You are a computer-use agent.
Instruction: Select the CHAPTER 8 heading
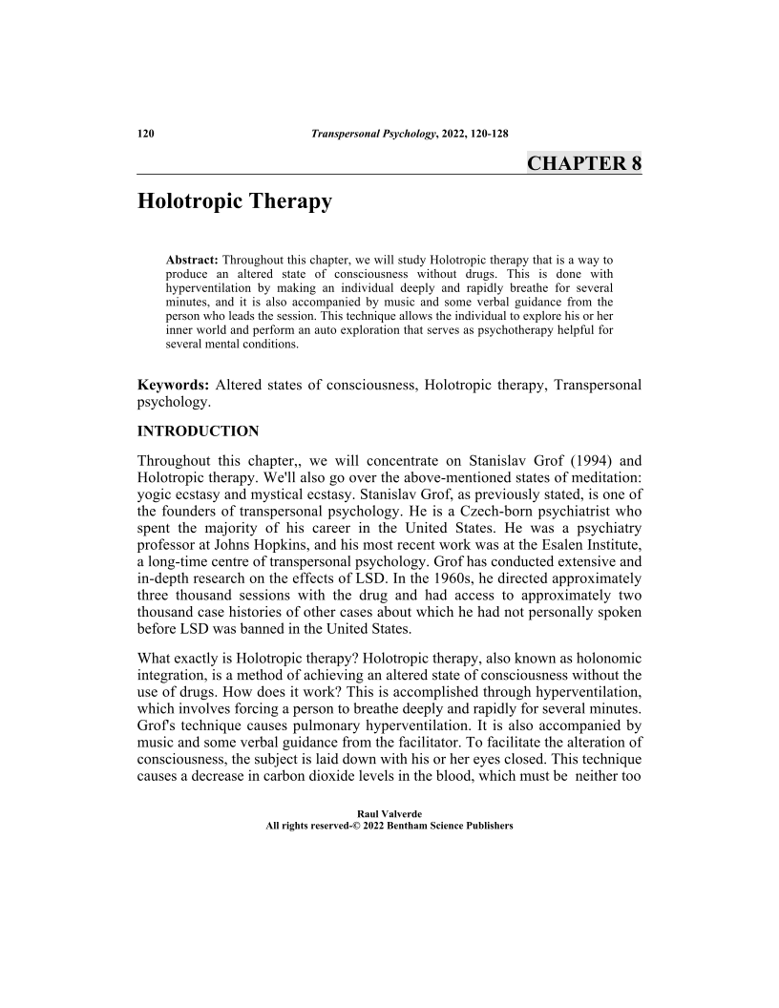[583, 163]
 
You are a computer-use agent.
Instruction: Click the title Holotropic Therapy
[235, 201]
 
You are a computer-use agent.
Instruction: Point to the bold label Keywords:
[175, 386]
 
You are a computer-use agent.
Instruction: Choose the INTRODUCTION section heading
[199, 430]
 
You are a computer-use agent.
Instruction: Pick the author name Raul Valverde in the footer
[389, 814]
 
